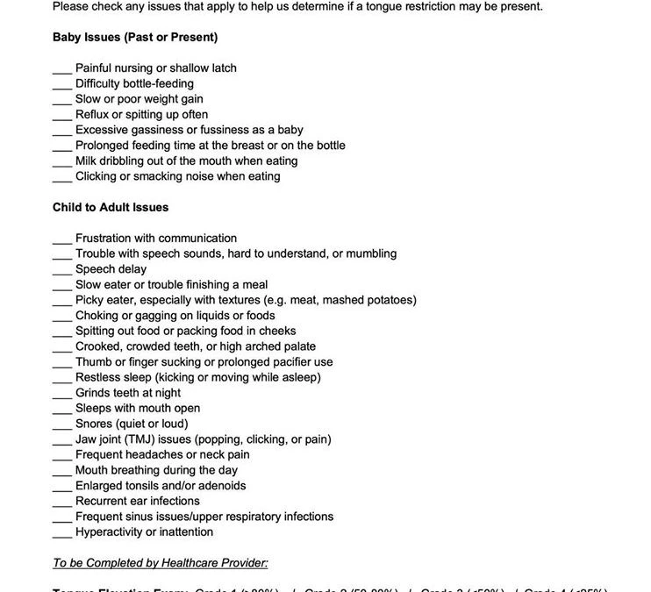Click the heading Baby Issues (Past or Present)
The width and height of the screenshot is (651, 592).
[135, 37]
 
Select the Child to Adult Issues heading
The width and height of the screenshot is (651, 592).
[111, 207]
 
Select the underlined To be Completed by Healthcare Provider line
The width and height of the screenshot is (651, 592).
[161, 563]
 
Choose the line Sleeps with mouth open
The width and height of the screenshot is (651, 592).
[138, 409]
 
